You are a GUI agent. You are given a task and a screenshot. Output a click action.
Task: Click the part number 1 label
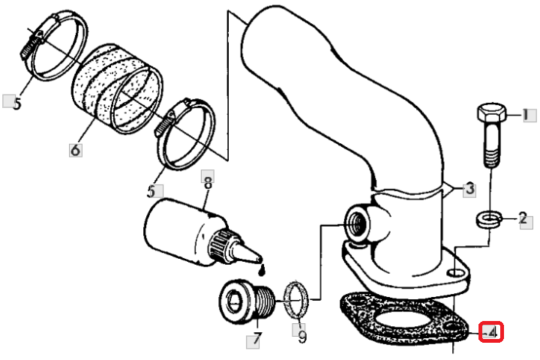pyautogui.click(x=526, y=115)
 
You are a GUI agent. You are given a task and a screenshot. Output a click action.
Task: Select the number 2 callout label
pyautogui.click(x=523, y=218)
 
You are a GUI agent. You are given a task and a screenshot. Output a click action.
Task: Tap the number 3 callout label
pyautogui.click(x=469, y=189)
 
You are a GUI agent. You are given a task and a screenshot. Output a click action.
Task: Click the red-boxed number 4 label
pyautogui.click(x=491, y=332)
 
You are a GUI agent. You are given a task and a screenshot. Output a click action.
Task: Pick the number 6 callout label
pyautogui.click(x=76, y=150)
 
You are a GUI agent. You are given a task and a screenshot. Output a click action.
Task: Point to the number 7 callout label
pyautogui.click(x=256, y=339)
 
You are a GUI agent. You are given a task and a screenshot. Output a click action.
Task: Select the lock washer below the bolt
pyautogui.click(x=489, y=219)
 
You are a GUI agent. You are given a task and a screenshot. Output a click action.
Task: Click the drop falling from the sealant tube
pyautogui.click(x=262, y=270)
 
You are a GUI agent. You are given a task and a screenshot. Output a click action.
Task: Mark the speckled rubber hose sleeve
pyautogui.click(x=117, y=89)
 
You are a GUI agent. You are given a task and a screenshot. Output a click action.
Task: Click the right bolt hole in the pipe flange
pyautogui.click(x=456, y=273)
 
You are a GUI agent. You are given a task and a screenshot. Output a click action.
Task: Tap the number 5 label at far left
pyautogui.click(x=16, y=103)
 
